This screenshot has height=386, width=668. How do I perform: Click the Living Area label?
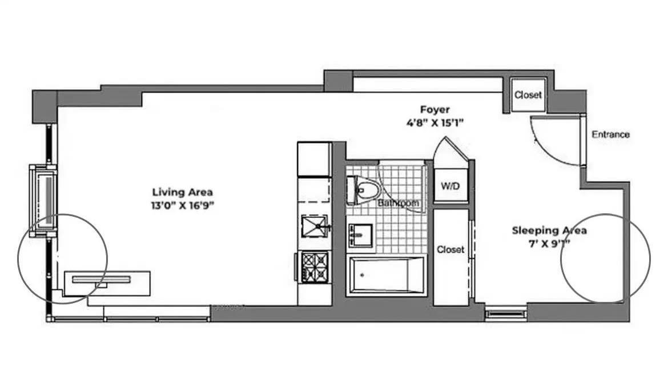click(182, 192)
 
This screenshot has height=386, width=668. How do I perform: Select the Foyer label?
click(435, 109)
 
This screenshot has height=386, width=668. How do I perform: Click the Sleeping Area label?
click(549, 231)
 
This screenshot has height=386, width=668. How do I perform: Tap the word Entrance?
click(610, 135)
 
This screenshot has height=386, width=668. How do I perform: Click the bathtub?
click(386, 276)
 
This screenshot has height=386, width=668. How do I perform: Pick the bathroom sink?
click(360, 235)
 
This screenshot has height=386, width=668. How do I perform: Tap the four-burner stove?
click(314, 265)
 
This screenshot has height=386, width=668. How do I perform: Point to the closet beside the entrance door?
click(527, 95)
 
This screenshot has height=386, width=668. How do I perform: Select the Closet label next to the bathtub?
click(450, 250)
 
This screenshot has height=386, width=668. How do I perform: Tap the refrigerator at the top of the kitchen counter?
click(314, 160)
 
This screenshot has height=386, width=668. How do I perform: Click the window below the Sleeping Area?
click(505, 314)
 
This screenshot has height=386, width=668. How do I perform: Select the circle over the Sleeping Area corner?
click(606, 258)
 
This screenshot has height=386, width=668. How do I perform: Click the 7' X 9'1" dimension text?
click(549, 243)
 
